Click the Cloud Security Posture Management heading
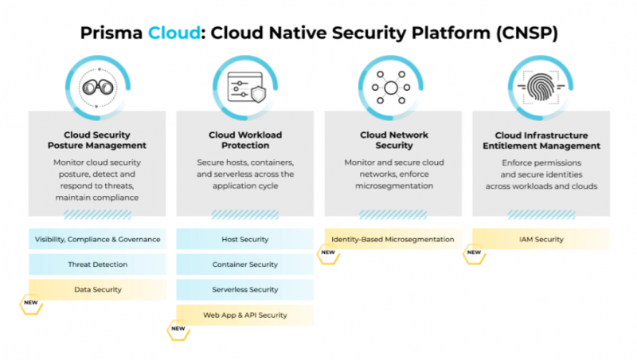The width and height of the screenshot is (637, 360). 97,140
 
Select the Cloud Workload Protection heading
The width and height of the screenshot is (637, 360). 245,140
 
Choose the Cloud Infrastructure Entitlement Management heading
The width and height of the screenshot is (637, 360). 541,140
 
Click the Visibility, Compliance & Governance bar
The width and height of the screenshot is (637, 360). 97,239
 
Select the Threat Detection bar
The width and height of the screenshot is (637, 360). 97,264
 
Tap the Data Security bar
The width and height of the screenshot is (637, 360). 97,289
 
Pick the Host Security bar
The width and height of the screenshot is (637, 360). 245,239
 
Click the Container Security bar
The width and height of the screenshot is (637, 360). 245,264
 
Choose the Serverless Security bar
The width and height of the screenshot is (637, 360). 245,289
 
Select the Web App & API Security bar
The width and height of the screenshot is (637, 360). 245,315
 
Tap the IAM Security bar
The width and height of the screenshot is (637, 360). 541,239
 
